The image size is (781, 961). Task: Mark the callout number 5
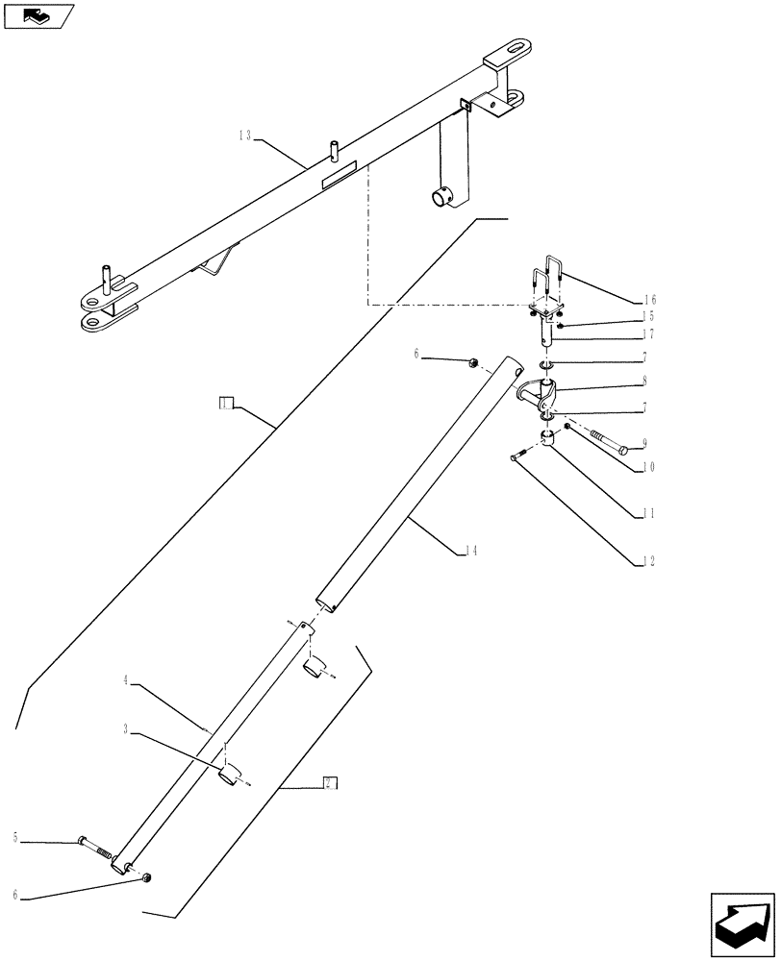click(16, 838)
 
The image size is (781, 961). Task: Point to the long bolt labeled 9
click(602, 442)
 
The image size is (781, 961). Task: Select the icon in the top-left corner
click(37, 16)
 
